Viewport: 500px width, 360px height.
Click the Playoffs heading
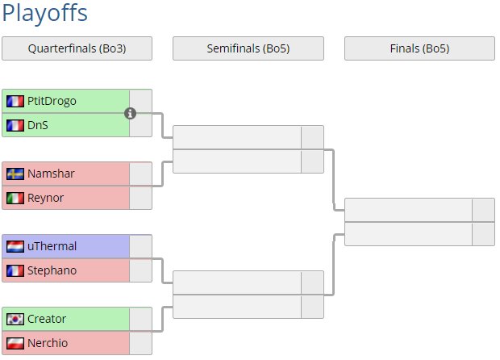45,14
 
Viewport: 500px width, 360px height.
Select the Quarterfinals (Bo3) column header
77,48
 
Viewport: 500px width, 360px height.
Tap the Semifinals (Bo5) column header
248,48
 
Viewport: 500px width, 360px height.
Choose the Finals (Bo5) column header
419,48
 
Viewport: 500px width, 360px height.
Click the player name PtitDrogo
52,101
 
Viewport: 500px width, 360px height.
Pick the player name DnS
38,125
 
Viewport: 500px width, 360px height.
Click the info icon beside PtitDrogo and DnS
131,113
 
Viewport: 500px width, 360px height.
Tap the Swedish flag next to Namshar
15,174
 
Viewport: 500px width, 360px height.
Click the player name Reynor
45,198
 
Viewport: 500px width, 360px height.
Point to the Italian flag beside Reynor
15,198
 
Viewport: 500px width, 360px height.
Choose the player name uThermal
52,246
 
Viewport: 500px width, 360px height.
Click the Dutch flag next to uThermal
15,246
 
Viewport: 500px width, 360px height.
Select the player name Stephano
52,270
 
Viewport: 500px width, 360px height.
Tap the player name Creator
47,319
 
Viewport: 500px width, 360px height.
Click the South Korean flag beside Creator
15,319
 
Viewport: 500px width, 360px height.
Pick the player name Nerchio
48,343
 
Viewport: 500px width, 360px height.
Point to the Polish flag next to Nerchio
15,343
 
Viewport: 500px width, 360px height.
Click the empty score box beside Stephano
140,270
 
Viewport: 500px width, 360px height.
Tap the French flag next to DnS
15,125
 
